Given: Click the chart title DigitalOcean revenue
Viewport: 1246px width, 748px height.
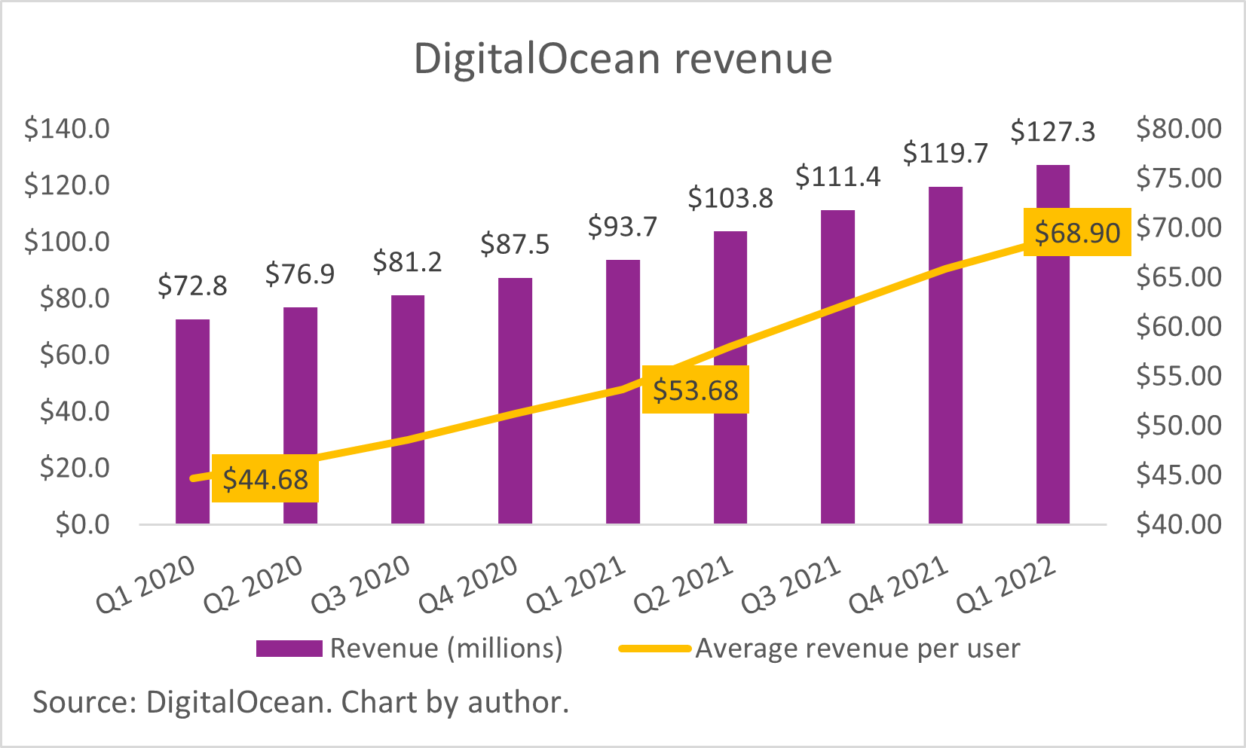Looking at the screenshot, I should click(623, 59).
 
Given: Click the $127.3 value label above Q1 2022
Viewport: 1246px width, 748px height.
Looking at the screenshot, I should click(1052, 132).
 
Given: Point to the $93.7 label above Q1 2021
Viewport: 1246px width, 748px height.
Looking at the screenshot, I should click(623, 227).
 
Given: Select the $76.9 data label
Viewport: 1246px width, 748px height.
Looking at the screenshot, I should click(300, 274).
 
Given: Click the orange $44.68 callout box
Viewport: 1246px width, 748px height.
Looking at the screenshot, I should click(265, 479).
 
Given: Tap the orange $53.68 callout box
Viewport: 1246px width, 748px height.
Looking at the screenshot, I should click(695, 390).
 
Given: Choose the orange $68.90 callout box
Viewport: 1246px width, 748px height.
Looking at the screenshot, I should click(1077, 233).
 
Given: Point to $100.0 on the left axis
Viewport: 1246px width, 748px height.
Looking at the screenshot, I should click(67, 242).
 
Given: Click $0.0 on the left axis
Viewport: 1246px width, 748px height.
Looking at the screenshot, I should click(83, 524).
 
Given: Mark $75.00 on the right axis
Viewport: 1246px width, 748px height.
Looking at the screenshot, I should click(1179, 179).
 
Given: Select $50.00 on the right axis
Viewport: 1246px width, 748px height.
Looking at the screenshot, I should click(1179, 426).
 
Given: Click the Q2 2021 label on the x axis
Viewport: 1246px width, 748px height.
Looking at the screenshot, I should click(683, 585).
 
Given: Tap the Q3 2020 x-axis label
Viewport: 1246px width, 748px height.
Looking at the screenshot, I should click(360, 585).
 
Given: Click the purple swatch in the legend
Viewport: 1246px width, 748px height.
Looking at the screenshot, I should click(289, 649).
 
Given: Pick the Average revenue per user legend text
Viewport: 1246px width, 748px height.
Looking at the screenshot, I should click(857, 649).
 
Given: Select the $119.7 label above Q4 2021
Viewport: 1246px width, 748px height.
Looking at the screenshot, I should click(945, 154).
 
